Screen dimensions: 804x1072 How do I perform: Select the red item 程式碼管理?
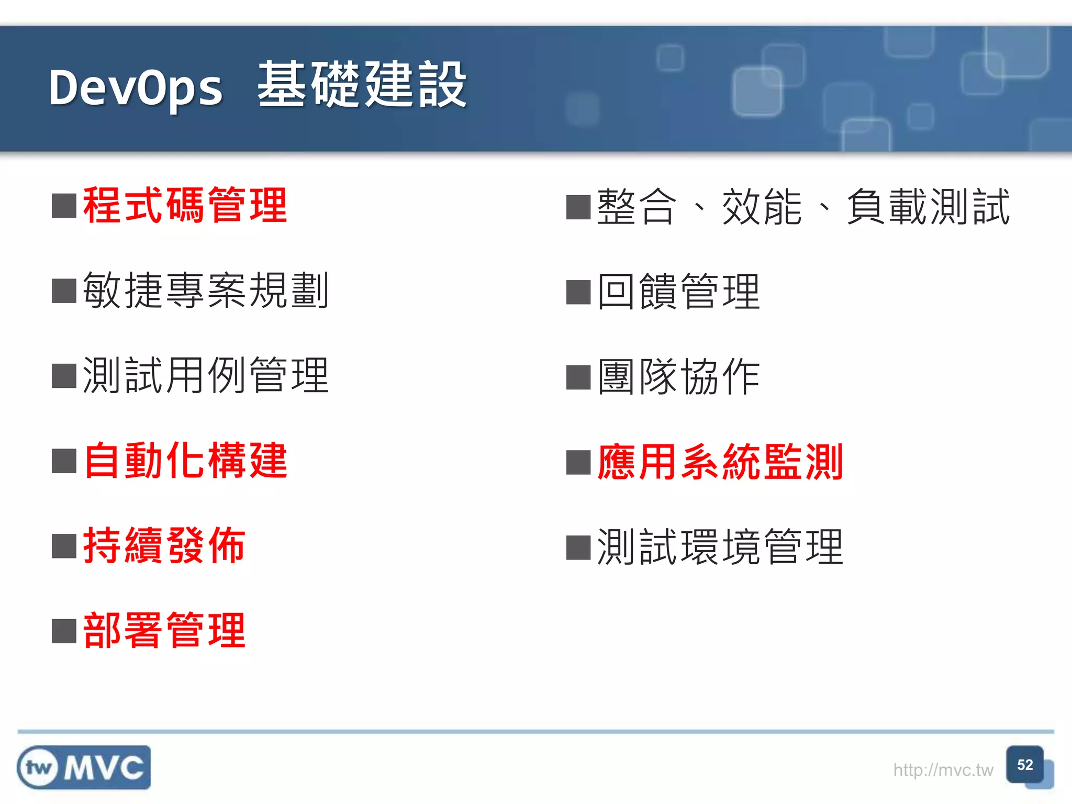(185, 206)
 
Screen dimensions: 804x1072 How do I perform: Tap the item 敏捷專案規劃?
(206, 291)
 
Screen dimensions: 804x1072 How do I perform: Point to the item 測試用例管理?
(206, 375)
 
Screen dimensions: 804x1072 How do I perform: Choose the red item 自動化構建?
(185, 461)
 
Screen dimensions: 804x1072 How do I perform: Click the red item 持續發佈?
(164, 546)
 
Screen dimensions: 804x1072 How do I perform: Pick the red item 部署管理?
(164, 631)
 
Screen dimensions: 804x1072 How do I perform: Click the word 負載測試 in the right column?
(928, 207)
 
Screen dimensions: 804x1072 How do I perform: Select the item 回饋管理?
(678, 292)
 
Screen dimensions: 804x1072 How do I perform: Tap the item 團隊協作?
(678, 377)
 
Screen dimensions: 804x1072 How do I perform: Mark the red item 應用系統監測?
(720, 462)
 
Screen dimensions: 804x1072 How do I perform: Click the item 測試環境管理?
(720, 548)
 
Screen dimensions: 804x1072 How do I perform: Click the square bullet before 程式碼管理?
(64, 206)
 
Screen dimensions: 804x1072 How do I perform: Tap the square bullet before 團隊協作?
(578, 377)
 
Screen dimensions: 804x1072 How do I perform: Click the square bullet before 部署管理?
(64, 631)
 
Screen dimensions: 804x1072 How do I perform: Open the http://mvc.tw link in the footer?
(943, 770)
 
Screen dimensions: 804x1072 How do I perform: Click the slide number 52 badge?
(1025, 765)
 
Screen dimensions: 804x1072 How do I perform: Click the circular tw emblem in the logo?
(38, 768)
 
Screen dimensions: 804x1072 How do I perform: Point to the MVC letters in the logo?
(104, 768)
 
